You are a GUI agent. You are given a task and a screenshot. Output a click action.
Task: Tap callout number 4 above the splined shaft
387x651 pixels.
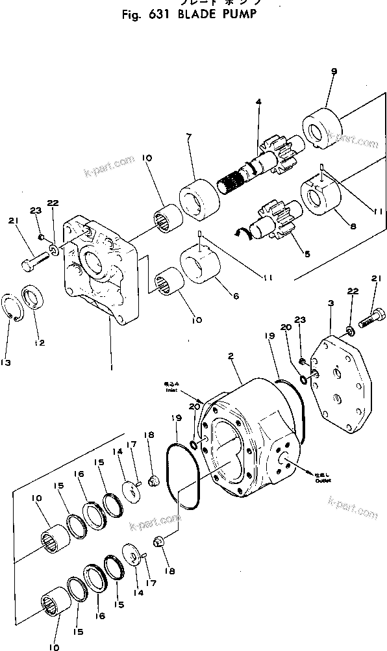pos(258,102)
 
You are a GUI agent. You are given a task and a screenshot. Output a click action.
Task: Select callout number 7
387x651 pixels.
pos(188,137)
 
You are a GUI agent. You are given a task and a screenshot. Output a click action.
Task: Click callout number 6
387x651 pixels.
pos(236,296)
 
